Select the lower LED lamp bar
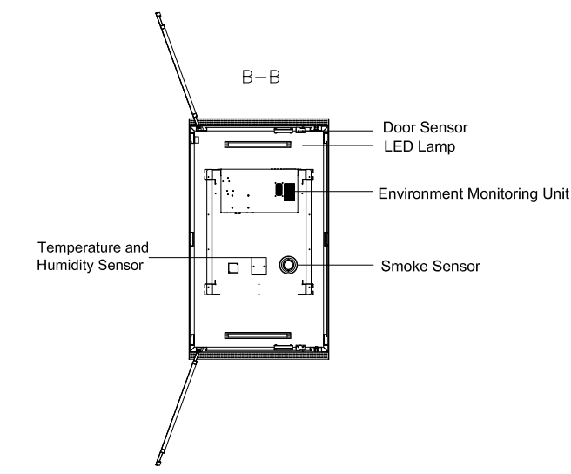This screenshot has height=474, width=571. point(258,333)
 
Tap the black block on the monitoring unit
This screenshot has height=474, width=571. point(285,191)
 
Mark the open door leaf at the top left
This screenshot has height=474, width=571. point(177,66)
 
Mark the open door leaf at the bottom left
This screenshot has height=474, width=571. point(177,406)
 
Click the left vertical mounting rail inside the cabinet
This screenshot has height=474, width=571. point(210,231)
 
